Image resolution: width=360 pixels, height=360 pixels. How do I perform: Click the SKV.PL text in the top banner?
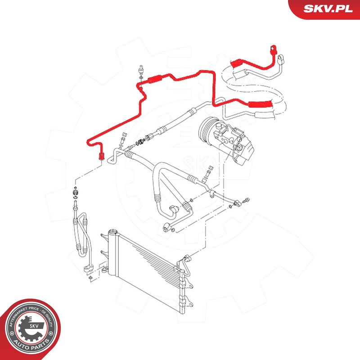tap(328, 9)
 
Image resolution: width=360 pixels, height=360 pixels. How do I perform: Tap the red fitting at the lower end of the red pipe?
tap(101, 156)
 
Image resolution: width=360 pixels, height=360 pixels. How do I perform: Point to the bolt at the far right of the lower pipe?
tap(246, 200)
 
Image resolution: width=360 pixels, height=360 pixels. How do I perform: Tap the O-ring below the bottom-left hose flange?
tap(90, 279)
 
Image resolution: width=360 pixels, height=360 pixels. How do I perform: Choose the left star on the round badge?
tap(12, 333)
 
